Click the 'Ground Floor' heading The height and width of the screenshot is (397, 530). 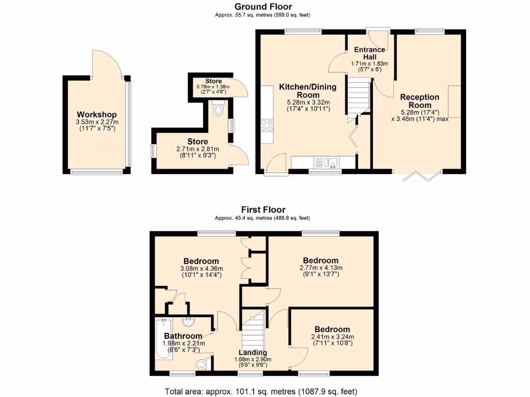[x=263, y=7]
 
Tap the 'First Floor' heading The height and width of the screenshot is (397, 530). [x=263, y=209]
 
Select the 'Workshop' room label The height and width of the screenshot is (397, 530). [x=97, y=114]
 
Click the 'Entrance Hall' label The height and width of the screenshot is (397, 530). [x=370, y=53]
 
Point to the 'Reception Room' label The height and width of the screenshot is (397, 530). [x=420, y=101]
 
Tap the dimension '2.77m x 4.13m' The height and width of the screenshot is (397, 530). [x=321, y=268]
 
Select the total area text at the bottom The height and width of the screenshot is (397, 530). [x=261, y=391]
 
